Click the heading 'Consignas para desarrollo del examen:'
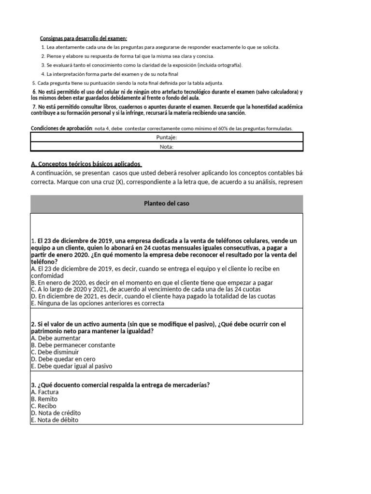click(83, 38)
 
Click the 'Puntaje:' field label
click(167, 137)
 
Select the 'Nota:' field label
click(167, 147)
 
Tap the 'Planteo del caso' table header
click(167, 204)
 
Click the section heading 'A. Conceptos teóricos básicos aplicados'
click(86, 164)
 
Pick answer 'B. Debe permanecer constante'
click(72, 345)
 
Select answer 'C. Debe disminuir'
click(55, 352)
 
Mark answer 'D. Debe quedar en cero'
click(63, 359)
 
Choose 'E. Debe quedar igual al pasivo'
click(71, 366)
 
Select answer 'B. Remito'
click(44, 399)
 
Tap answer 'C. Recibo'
click(43, 406)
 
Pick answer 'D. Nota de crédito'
click(56, 413)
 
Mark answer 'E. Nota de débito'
click(54, 420)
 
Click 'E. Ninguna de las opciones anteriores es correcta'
click(97, 303)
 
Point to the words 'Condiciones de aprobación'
click(61, 128)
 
